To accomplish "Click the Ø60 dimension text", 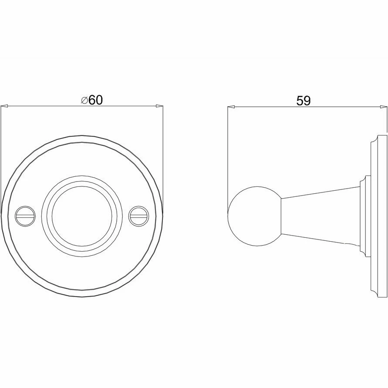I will point(92,100).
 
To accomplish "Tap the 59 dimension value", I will point(303,101).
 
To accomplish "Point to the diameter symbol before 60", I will point(84,100).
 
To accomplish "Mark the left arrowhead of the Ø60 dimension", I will point(4,106).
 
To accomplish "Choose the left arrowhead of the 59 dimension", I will point(231,106).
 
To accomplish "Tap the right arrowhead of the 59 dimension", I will point(383,106).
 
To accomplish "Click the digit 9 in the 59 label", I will point(307,101).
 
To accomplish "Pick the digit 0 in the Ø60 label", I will point(98,100).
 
